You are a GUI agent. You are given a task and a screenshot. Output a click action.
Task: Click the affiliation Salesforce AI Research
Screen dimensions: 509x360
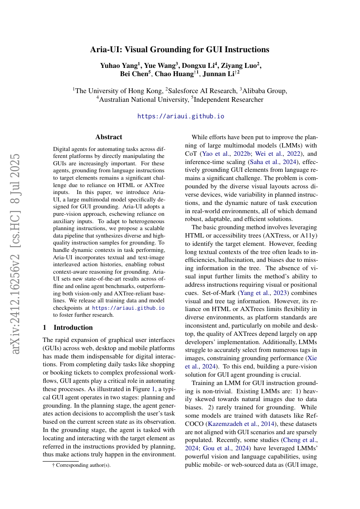click(x=201, y=91)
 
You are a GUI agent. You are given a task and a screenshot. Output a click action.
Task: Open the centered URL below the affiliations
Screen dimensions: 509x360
click(x=181, y=116)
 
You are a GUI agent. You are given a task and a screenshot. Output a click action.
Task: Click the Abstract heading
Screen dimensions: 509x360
click(x=109, y=137)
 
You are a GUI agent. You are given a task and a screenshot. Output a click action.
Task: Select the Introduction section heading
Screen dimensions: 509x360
click(x=73, y=327)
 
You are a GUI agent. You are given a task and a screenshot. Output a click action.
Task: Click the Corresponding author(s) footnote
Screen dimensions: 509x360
click(x=82, y=465)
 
